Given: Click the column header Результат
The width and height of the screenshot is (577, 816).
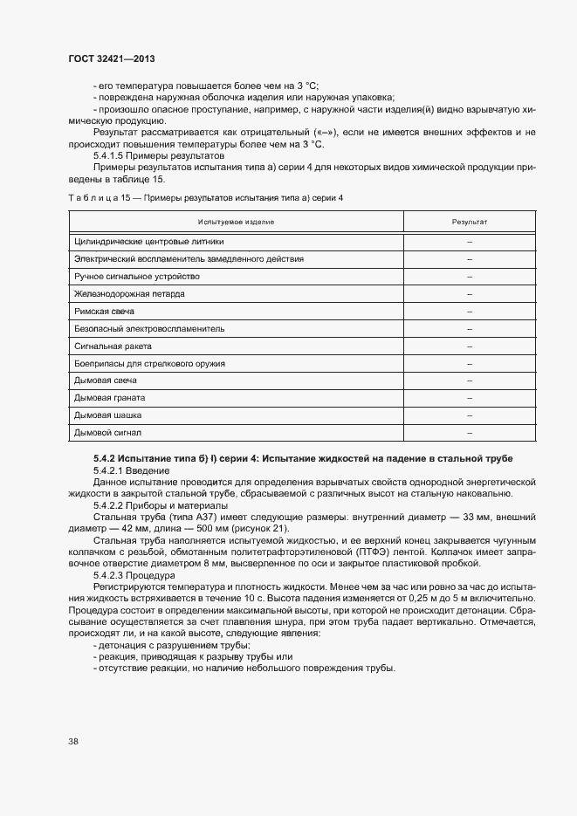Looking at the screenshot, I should tap(469, 223).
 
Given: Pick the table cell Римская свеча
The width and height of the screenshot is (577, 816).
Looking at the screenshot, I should tap(104, 311).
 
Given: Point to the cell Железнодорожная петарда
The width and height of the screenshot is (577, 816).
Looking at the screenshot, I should tap(129, 293).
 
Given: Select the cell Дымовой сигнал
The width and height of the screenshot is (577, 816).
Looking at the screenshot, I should tap(107, 432).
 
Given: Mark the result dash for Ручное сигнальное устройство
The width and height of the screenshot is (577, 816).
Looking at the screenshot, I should tap(469, 277).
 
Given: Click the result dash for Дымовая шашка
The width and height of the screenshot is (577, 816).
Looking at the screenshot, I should tap(469, 415).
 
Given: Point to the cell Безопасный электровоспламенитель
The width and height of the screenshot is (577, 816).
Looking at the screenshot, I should tap(149, 328).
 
